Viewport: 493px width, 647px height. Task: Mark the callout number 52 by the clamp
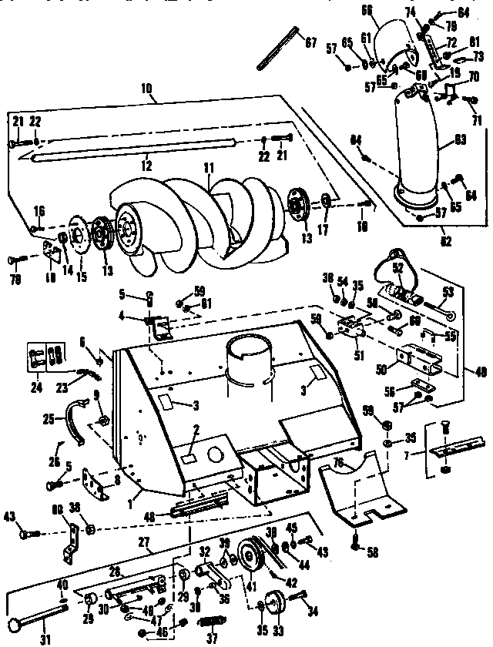tap(398, 268)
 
